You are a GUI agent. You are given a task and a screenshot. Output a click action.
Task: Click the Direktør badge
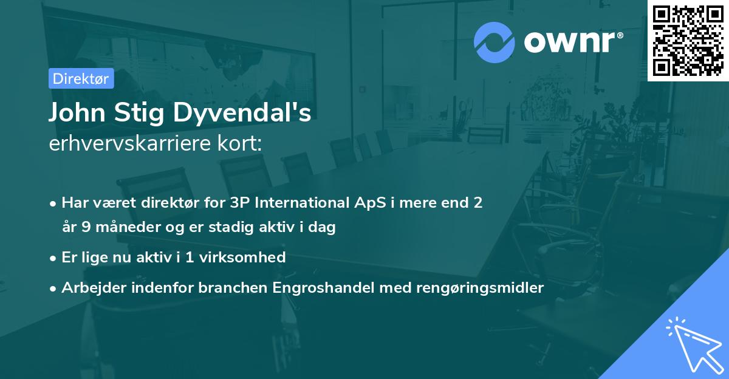[x=81, y=78]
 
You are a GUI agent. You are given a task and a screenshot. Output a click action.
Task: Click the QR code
[x=688, y=41]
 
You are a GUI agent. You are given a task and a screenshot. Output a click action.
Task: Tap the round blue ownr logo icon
[x=495, y=43]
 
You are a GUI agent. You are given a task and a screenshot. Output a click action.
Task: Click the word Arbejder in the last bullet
[x=89, y=288]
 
